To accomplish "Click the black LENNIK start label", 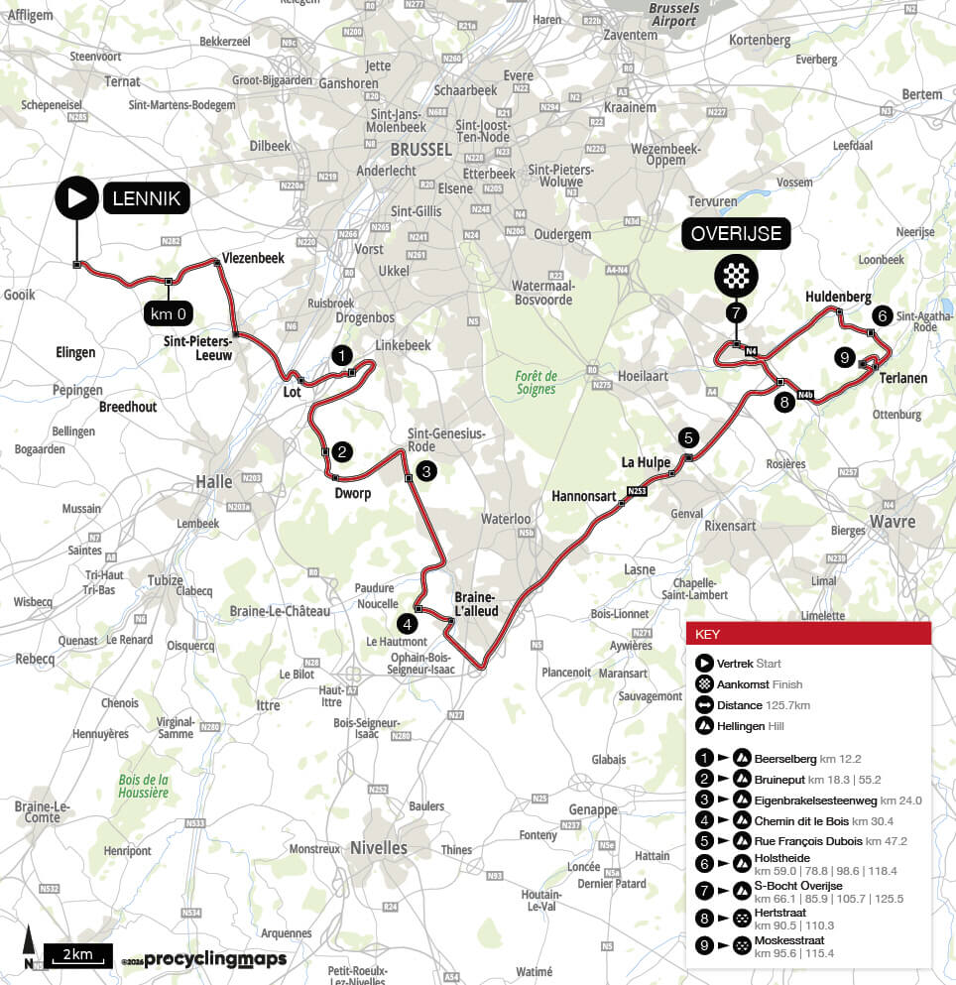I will click(x=146, y=198).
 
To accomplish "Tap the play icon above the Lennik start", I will click(x=75, y=198).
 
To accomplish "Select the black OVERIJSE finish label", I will click(x=735, y=235).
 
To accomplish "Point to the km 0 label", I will click(x=169, y=314).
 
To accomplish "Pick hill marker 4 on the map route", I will click(x=407, y=624).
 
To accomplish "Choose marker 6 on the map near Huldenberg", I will click(x=881, y=315).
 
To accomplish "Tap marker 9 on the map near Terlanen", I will click(x=844, y=357).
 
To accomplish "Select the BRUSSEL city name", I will click(x=420, y=150).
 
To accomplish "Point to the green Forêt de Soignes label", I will click(x=537, y=382).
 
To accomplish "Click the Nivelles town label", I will click(x=378, y=848).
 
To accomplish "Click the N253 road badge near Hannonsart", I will click(x=636, y=491).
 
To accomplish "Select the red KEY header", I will click(x=808, y=634).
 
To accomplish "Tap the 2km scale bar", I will click(x=77, y=955).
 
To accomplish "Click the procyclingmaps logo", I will click(x=215, y=959).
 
